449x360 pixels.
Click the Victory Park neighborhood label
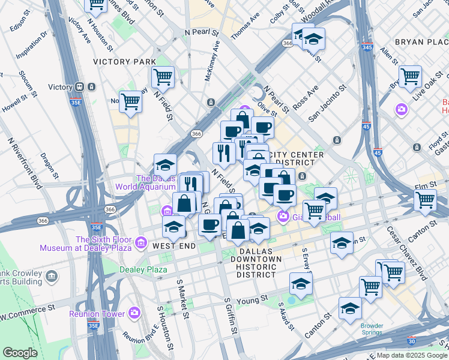tap(124, 62)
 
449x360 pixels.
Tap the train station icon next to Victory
tap(79, 87)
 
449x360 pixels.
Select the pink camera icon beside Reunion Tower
tap(134, 313)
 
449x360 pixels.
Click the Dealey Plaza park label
tap(143, 269)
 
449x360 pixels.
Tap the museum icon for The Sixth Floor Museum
tap(141, 242)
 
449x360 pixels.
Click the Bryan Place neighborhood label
tap(421, 42)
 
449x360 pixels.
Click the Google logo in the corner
tap(20, 353)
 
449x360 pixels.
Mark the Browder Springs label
tap(372, 329)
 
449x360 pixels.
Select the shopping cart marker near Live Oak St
tap(410, 76)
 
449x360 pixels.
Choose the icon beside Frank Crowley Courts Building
tap(52, 276)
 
